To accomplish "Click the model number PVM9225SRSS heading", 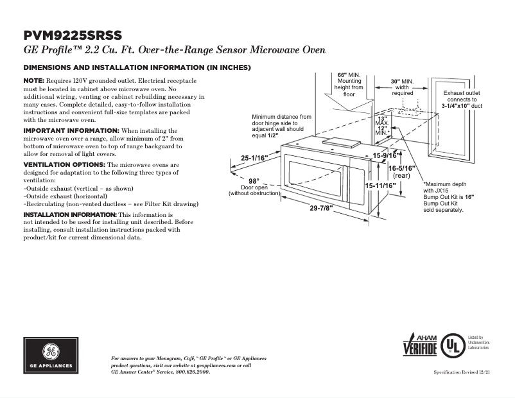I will [x=72, y=35].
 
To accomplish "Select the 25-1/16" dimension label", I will [x=254, y=157].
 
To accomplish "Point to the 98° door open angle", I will [x=254, y=180].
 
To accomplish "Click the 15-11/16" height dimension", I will [x=380, y=186].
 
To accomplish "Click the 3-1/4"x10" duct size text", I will [x=451, y=106].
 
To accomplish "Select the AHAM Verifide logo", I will [x=420, y=346].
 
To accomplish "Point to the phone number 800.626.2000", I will [x=191, y=372].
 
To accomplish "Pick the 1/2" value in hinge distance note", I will [x=273, y=135].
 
